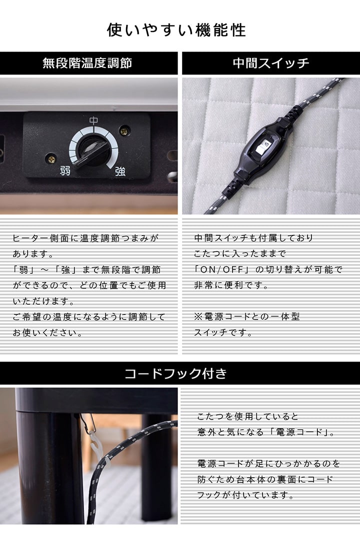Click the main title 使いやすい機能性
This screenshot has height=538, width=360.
point(176,30)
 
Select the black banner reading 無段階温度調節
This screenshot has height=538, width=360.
point(89,63)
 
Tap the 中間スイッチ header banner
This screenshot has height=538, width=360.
point(271,63)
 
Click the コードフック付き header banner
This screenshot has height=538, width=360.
point(180,373)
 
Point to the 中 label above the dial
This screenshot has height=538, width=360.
point(93,121)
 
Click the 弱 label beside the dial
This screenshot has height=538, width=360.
point(65,170)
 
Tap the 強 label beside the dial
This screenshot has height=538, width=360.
point(120,171)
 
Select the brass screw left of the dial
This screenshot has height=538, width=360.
point(51,158)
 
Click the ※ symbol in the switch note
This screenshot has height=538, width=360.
point(198,316)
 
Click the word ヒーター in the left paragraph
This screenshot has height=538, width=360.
point(29,238)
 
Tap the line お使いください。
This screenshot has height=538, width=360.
point(47,332)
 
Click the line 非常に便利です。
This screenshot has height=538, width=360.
point(231,285)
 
